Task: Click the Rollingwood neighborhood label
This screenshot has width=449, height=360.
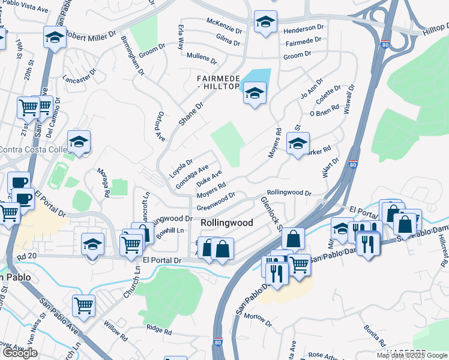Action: [x=226, y=223]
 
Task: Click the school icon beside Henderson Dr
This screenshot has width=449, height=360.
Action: [x=264, y=23]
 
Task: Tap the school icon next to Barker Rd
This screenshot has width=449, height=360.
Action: [x=298, y=143]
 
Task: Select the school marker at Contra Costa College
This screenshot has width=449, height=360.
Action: [x=79, y=142]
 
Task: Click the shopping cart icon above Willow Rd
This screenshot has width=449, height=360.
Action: [x=83, y=305]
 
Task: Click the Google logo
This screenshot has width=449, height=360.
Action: [x=20, y=353]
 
